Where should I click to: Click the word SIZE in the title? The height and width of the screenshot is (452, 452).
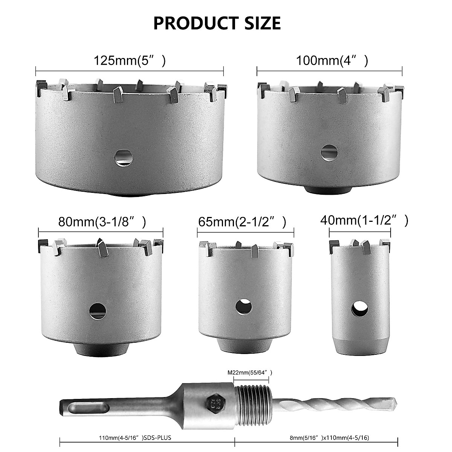click(260, 23)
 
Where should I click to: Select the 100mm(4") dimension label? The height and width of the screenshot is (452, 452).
click(332, 60)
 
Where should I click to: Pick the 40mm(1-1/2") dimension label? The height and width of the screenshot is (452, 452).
click(364, 221)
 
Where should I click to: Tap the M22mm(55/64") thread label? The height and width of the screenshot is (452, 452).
click(250, 373)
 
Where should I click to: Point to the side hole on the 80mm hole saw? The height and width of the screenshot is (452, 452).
click(97, 310)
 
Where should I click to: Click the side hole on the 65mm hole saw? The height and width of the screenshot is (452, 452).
click(243, 306)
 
